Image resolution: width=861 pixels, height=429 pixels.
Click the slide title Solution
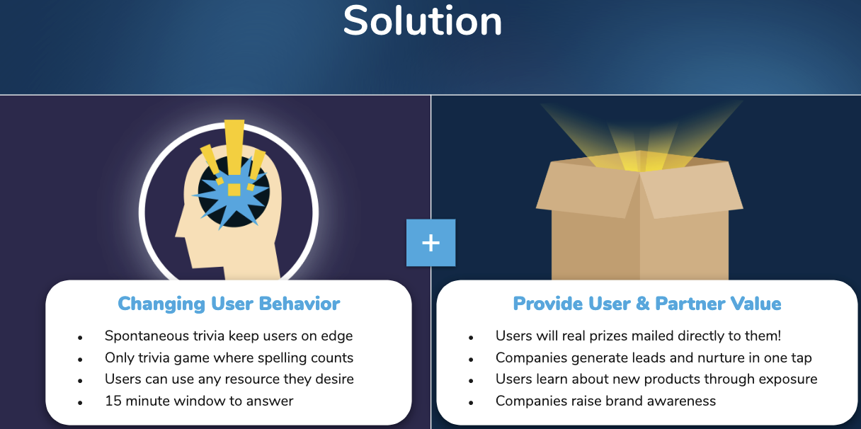423,21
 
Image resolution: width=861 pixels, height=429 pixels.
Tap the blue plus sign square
431,243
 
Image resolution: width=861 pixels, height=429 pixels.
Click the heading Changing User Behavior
229,304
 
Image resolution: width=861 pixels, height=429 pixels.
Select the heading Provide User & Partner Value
647,304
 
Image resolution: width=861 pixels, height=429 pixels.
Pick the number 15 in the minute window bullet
113,401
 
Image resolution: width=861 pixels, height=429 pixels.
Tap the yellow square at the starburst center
234,190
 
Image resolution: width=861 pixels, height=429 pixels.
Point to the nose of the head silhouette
179,231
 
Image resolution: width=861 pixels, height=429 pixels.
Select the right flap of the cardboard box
692,190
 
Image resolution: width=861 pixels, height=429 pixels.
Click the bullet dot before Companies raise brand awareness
471,403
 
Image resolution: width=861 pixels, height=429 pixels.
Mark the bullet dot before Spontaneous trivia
80,338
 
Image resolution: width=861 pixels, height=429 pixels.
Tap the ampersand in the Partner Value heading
643,304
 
